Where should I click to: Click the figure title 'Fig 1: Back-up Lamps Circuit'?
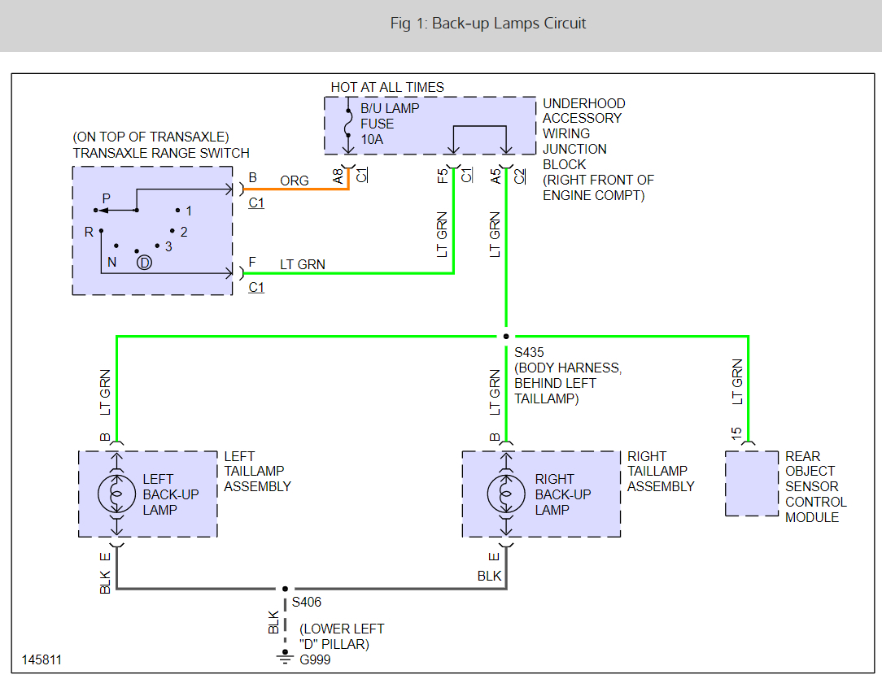[487, 23]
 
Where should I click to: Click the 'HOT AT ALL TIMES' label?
[387, 87]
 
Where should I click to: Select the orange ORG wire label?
[295, 181]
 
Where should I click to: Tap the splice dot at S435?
[506, 336]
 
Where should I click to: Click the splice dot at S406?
[285, 589]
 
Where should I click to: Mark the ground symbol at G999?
[285, 657]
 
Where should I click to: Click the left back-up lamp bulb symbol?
[116, 494]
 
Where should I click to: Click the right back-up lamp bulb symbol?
[505, 494]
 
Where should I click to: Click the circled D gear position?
[144, 262]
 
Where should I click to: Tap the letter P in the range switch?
[106, 198]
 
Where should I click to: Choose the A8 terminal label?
[338, 175]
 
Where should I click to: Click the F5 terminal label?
[442, 175]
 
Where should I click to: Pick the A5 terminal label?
[496, 175]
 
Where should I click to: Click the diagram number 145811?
[41, 660]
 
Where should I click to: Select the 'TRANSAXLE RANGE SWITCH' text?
[161, 153]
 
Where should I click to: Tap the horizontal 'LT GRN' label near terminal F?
[303, 264]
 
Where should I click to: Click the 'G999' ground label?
[316, 660]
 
